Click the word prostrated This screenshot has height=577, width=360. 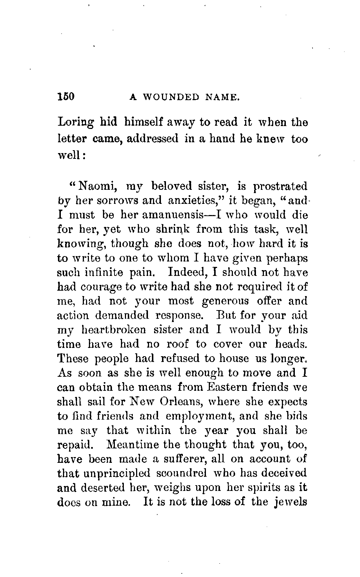pyautogui.click(x=280, y=187)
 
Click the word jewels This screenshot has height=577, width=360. pyautogui.click(x=290, y=502)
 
